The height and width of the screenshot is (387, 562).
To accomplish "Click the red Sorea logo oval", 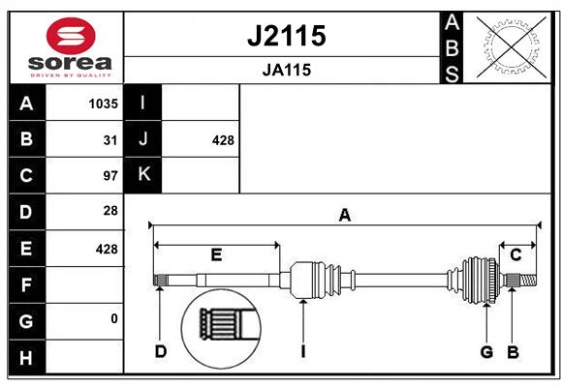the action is (x=71, y=36).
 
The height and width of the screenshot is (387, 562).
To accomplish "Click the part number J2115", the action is (x=287, y=36).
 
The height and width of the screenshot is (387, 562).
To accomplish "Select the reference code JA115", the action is (x=287, y=70).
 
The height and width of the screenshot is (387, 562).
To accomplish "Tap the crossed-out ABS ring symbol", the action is (x=512, y=47).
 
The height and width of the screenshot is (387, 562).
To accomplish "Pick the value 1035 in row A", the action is (x=104, y=104).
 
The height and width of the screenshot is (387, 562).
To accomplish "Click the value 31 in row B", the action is (x=110, y=140).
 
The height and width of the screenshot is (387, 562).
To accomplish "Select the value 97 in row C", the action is (x=110, y=176).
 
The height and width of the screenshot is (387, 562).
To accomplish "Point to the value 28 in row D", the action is (x=110, y=211).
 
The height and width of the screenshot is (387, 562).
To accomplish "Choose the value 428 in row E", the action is (x=107, y=249).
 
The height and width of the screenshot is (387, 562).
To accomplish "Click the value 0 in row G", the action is (x=114, y=318).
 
